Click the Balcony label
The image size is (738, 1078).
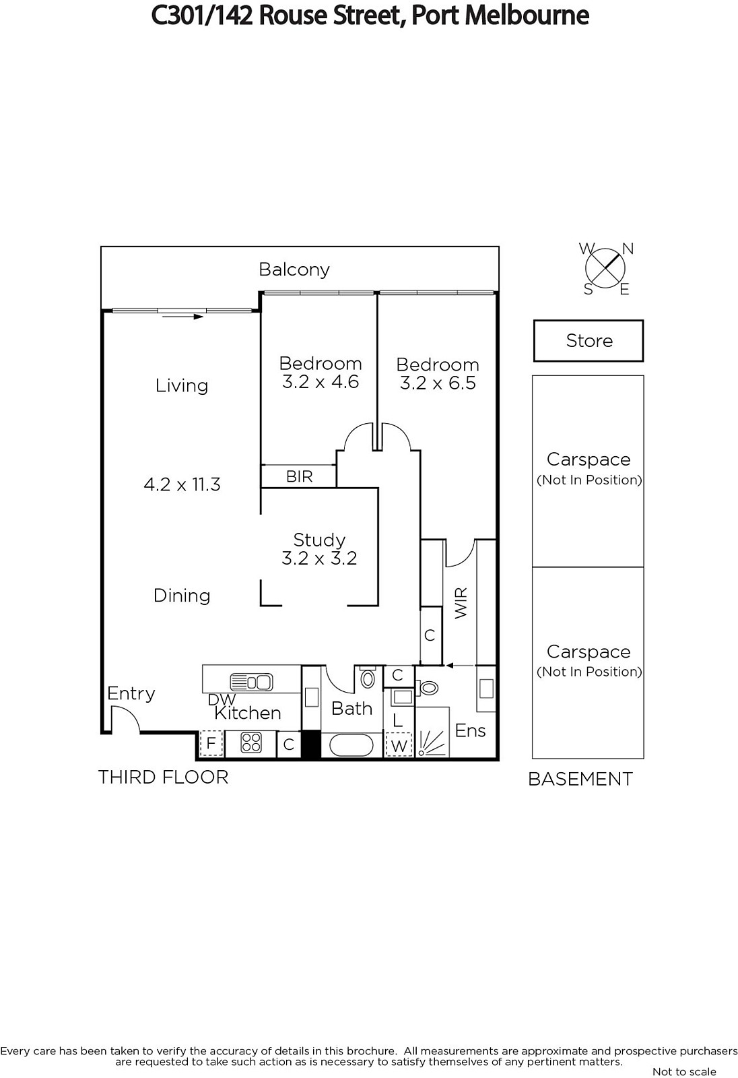coord(294,269)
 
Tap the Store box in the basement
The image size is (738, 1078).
coord(589,341)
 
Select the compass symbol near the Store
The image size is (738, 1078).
coord(605,269)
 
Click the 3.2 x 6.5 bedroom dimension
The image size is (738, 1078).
coord(438,383)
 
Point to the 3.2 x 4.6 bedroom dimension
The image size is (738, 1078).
coord(321,381)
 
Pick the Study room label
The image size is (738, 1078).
coord(319,540)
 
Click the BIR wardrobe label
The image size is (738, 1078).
coord(299,476)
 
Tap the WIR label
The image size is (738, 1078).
coord(461,603)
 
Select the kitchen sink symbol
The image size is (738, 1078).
coord(252,682)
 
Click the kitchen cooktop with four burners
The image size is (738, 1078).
coord(250,742)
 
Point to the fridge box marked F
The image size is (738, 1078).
coord(211,744)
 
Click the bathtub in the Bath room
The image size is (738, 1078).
coord(351,746)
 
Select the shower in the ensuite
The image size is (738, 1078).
coord(432,732)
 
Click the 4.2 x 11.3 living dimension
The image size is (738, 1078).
coord(182,484)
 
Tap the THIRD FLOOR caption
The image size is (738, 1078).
coord(163,778)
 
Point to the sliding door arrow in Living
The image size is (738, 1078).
coord(182,316)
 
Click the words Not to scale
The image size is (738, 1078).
coord(684,1071)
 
